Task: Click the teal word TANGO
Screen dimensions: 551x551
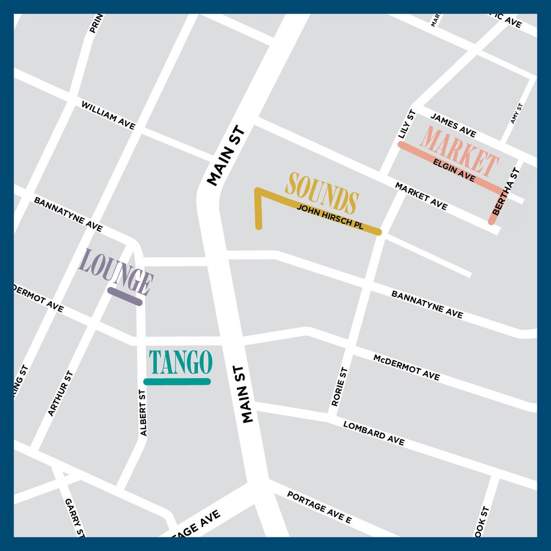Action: (x=180, y=362)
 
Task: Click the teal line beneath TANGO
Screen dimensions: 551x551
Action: (x=177, y=382)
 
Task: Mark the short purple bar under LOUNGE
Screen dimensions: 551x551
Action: (x=125, y=297)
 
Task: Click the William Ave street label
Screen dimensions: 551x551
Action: (x=108, y=115)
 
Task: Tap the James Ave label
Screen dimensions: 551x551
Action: (x=453, y=125)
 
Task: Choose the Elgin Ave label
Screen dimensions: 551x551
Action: (x=454, y=170)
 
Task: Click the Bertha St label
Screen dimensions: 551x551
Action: (x=506, y=192)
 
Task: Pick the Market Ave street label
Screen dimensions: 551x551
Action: (x=421, y=197)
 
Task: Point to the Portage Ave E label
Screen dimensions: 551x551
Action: (x=319, y=508)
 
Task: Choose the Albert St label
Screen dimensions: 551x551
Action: (x=144, y=413)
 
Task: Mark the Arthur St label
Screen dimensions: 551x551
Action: (x=61, y=394)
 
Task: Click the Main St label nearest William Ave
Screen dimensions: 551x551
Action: (x=226, y=157)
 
